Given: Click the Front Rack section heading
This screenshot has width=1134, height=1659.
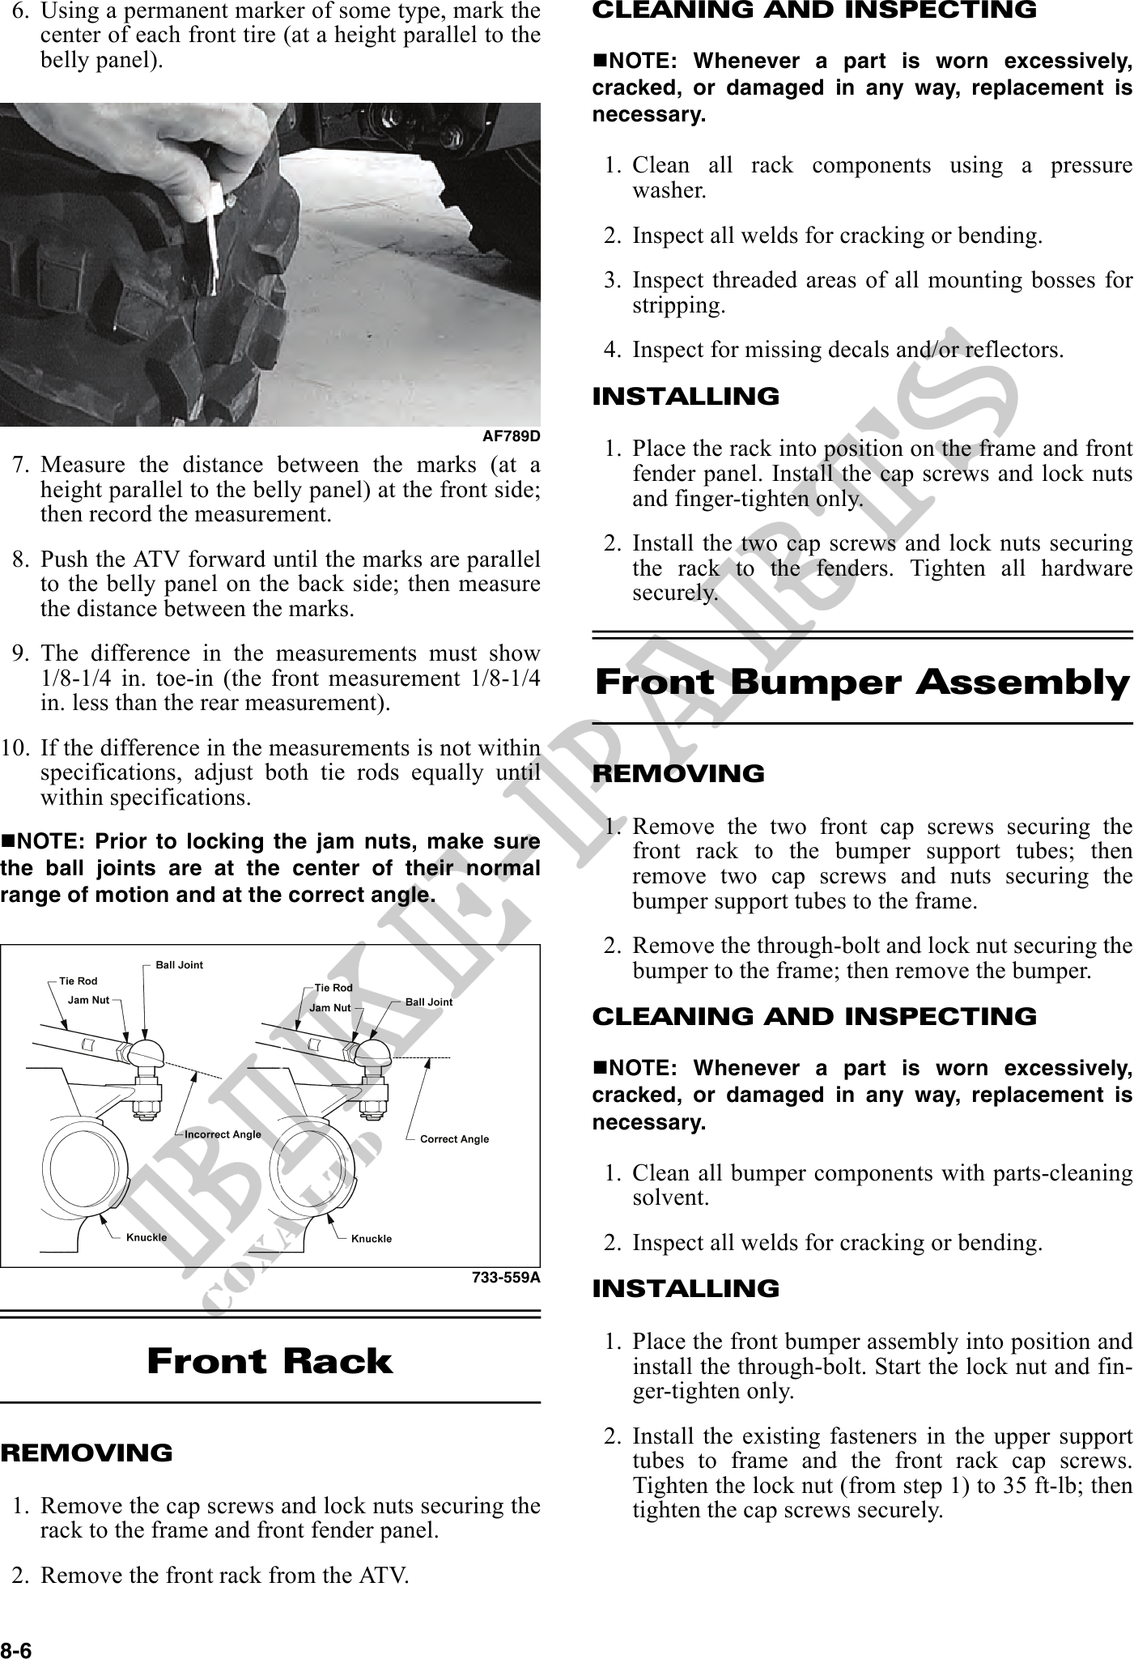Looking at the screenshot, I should pos(270,1361).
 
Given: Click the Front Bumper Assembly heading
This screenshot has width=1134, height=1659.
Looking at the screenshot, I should pos(862,683).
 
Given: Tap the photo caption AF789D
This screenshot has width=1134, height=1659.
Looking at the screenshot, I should pos(511,436).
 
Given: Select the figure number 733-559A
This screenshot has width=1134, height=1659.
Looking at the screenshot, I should pos(506,1278).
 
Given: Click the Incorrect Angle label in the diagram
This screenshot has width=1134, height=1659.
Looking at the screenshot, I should pos(223,1134).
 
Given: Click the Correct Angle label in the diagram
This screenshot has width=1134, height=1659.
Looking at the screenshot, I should pos(454,1138).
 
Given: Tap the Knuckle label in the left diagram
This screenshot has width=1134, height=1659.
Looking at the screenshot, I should pos(147,1237).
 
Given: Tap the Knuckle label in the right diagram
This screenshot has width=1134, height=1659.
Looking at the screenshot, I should pos(372,1239).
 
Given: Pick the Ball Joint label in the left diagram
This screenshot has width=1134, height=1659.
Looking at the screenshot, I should pos(180,965).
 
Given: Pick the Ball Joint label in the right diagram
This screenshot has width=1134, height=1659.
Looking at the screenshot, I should pos(429,1002).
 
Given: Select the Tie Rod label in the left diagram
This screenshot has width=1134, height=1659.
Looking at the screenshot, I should pos(79,981).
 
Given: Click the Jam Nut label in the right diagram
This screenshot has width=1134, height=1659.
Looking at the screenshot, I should pos(330,1008).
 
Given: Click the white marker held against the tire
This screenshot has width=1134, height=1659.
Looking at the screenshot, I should pos(214,235).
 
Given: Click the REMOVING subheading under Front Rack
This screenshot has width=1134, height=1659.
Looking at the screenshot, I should pos(87,1453).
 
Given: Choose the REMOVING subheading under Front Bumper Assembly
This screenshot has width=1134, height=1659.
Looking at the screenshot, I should pos(678,773).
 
